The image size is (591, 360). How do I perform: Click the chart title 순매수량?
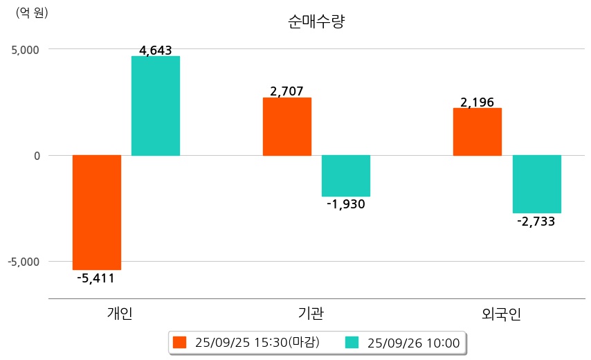[x=316, y=21]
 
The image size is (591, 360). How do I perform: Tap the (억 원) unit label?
[x=32, y=12]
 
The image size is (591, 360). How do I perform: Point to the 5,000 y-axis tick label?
[x=24, y=50]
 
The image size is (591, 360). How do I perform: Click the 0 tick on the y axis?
[x=36, y=156]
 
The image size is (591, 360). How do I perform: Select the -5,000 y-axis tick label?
[x=23, y=262]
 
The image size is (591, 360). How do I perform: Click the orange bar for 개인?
[x=97, y=212]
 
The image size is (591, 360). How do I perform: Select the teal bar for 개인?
[x=156, y=106]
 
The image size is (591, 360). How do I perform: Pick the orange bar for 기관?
[x=287, y=127]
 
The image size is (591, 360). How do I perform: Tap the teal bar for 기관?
[x=346, y=176]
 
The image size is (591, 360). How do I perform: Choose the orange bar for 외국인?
[x=478, y=132]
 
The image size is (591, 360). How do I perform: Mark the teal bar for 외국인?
[x=536, y=184]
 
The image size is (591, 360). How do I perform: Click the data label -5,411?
[x=96, y=278]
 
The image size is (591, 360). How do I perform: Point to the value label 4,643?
[x=156, y=51]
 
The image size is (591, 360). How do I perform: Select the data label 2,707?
[x=287, y=91]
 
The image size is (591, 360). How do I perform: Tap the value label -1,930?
[x=346, y=204]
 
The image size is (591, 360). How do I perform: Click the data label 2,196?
[x=478, y=102]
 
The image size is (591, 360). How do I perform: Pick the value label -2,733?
[x=536, y=222]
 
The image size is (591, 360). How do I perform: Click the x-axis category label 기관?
[x=306, y=314]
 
